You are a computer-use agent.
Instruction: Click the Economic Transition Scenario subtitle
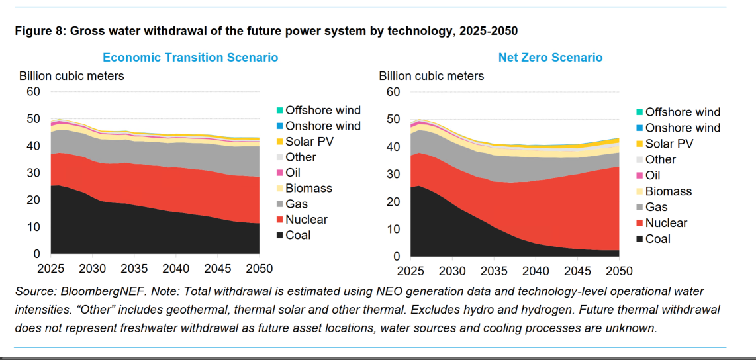(191, 58)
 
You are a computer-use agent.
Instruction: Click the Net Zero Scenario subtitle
(550, 58)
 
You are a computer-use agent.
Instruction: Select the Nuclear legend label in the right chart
(667, 222)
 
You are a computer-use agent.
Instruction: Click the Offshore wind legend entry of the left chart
(319, 110)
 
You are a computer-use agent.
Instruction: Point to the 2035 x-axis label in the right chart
(494, 271)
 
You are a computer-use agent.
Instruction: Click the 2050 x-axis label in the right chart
(619, 271)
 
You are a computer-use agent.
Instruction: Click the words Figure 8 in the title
(40, 32)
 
